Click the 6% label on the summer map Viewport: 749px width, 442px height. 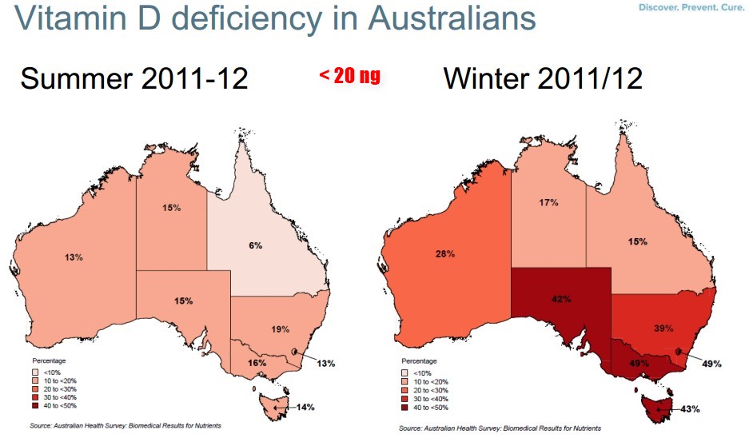tap(255, 245)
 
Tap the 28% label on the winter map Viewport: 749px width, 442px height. tap(445, 253)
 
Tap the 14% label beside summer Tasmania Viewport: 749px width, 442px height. tap(305, 407)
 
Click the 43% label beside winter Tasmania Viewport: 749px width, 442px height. tap(690, 408)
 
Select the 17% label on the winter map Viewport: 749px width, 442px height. tap(548, 202)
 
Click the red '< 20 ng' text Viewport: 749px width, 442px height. tap(350, 76)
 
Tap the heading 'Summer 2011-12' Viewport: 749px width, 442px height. tap(133, 79)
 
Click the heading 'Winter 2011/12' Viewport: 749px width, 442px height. tap(543, 79)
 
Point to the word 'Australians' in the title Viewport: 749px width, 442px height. tap(452, 18)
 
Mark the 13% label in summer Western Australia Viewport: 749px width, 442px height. tap(75, 257)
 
